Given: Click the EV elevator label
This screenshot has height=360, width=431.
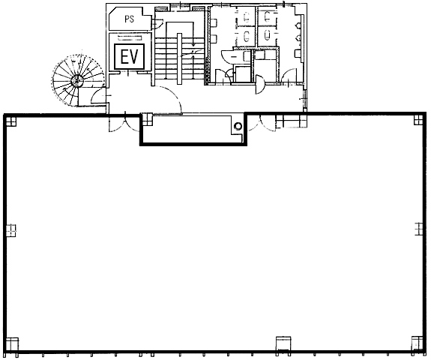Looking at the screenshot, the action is click(130, 57).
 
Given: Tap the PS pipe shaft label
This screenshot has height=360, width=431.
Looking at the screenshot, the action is click(130, 19).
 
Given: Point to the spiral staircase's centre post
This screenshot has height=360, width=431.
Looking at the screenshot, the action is click(77, 80).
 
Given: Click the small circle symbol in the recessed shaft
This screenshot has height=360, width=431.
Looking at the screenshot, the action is click(238, 126).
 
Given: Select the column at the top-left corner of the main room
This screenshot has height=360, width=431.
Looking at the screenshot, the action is click(10, 120).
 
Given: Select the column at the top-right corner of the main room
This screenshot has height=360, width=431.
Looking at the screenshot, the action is click(418, 120).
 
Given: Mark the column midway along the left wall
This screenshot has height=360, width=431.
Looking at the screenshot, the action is click(11, 230).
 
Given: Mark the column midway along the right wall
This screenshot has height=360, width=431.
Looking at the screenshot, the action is click(418, 229).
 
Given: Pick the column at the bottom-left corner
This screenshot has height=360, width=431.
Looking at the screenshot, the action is click(12, 343).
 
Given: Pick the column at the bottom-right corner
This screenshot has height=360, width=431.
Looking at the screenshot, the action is click(417, 343).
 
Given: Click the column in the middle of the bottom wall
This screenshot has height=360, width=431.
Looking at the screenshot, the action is click(283, 343).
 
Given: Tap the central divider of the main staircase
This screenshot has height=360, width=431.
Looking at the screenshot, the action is click(179, 58).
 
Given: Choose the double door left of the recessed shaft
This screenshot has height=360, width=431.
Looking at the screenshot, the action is click(124, 123).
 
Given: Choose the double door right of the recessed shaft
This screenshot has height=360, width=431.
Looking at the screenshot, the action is click(262, 123).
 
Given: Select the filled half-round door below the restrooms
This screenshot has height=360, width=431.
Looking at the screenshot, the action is click(260, 85).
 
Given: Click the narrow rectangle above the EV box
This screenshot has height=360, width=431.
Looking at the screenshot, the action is click(130, 38).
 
